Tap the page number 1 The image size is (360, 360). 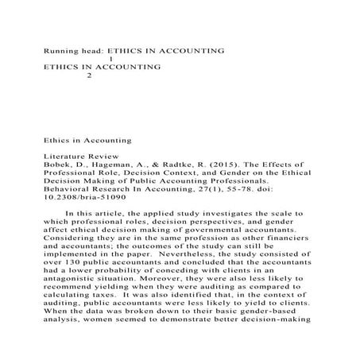pyautogui.click(x=110, y=59)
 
